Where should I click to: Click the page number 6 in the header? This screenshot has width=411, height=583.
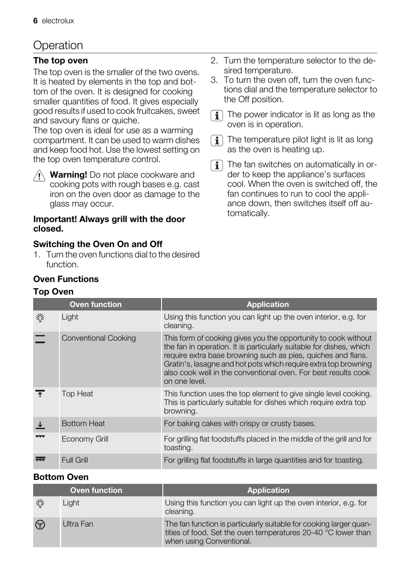pos(35,21)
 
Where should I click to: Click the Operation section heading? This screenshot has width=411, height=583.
pos(58,45)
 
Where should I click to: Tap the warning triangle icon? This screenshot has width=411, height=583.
pos(39,176)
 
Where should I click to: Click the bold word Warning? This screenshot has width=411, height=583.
pos(68,175)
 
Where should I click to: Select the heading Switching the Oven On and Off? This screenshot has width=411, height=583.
pos(98,244)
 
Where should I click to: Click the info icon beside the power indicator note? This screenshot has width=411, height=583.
pos(217,116)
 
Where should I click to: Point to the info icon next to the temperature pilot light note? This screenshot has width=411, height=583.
pos(217,141)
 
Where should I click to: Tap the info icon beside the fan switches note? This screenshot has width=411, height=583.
pos(217,166)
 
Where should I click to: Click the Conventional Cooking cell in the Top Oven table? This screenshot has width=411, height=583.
pos(99,338)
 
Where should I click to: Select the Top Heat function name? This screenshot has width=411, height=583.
pos(77,394)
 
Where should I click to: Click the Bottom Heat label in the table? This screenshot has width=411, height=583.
pos(83,423)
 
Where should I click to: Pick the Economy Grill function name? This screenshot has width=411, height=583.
pos(85,439)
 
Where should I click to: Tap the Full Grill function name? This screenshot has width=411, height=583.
pos(75,460)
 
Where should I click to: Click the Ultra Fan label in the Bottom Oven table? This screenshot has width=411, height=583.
pos(78,524)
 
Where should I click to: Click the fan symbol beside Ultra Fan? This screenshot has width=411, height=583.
pos(40,525)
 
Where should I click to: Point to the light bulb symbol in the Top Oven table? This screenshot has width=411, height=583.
pos(40,318)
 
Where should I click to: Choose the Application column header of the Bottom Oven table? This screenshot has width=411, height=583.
pos(268,490)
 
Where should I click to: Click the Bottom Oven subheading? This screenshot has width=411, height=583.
pos(61,477)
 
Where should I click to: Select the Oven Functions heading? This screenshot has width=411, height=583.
pos(66,279)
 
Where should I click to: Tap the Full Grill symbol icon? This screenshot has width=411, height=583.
pos(40,460)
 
